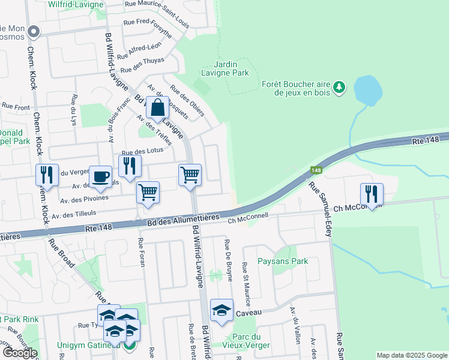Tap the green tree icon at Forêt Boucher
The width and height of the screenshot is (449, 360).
tap(340, 88)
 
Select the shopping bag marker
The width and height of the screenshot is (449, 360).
tap(157, 109)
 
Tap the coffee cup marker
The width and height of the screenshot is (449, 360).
tap(101, 176)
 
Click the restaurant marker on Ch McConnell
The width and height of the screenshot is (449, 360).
tap(372, 194)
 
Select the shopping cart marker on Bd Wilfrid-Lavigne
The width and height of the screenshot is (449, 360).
tap(190, 175)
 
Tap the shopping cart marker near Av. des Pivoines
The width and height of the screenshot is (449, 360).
tap(148, 192)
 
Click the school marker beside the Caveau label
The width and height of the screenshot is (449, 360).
tap(221, 310)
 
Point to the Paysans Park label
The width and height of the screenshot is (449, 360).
tap(282, 261)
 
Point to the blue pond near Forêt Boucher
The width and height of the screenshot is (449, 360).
tap(368, 90)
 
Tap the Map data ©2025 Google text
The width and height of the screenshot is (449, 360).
tap(411, 355)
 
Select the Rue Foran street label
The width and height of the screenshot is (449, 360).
tap(141, 251)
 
